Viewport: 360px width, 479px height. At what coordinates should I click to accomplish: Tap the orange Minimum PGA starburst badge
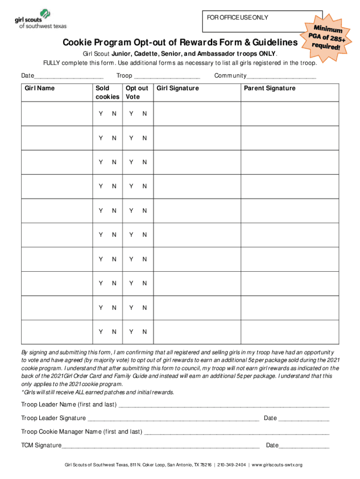[x=325, y=37]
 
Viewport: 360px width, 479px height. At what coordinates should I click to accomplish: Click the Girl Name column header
[x=40, y=88]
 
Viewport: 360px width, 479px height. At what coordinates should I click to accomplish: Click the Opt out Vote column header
[x=137, y=92]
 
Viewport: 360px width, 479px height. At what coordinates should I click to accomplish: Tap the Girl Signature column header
[x=178, y=88]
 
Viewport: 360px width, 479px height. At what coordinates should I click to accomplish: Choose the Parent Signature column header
[x=269, y=88]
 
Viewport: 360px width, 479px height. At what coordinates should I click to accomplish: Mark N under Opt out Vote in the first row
[x=144, y=114]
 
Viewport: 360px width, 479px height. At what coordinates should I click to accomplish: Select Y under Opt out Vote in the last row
[x=131, y=332]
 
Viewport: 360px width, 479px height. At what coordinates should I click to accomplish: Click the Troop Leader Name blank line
[x=224, y=405]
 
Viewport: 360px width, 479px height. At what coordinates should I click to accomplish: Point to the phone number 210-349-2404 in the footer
[x=232, y=465]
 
